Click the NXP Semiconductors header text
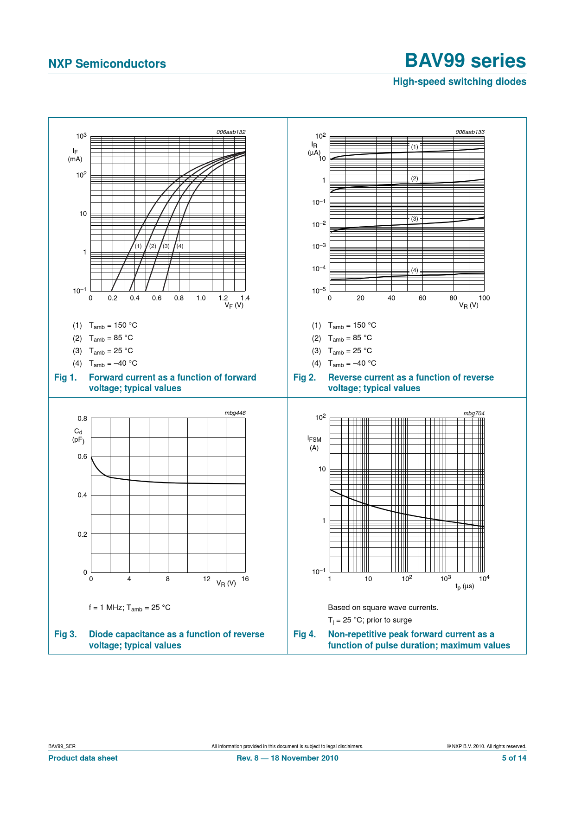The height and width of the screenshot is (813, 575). click(107, 64)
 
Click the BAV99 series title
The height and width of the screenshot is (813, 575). click(465, 61)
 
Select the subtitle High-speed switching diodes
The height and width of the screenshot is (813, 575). click(459, 82)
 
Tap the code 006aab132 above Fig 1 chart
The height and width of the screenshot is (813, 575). click(230, 132)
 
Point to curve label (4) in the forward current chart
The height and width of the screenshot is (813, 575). click(180, 246)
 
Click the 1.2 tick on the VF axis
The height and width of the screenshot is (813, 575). click(223, 298)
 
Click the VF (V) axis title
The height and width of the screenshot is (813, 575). click(234, 305)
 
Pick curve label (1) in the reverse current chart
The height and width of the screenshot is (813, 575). click(415, 147)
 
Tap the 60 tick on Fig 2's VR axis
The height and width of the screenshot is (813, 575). click(422, 298)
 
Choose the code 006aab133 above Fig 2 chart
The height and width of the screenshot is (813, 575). click(470, 132)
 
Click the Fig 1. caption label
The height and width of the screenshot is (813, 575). click(65, 377)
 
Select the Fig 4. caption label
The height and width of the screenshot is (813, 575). click(305, 634)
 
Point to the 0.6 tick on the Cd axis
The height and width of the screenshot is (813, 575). click(82, 457)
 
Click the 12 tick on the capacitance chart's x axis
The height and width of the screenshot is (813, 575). click(207, 578)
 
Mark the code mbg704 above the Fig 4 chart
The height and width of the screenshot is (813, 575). click(474, 413)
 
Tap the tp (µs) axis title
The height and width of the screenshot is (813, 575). click(465, 587)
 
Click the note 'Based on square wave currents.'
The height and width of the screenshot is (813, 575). click(383, 607)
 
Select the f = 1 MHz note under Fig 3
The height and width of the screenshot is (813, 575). click(129, 608)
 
